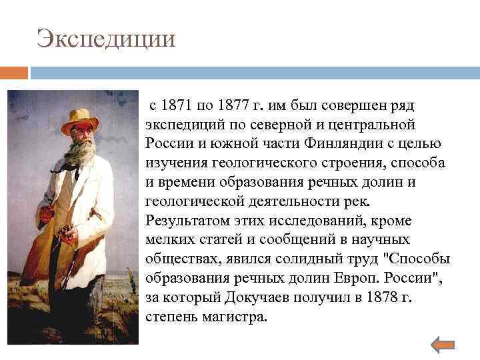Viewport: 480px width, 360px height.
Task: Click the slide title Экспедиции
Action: [x=107, y=38]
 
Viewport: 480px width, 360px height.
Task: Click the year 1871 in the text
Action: [x=175, y=105]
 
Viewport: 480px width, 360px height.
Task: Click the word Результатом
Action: [x=189, y=220]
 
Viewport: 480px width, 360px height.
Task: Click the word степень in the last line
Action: [x=170, y=316]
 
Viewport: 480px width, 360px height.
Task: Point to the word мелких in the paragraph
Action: [x=167, y=239]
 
